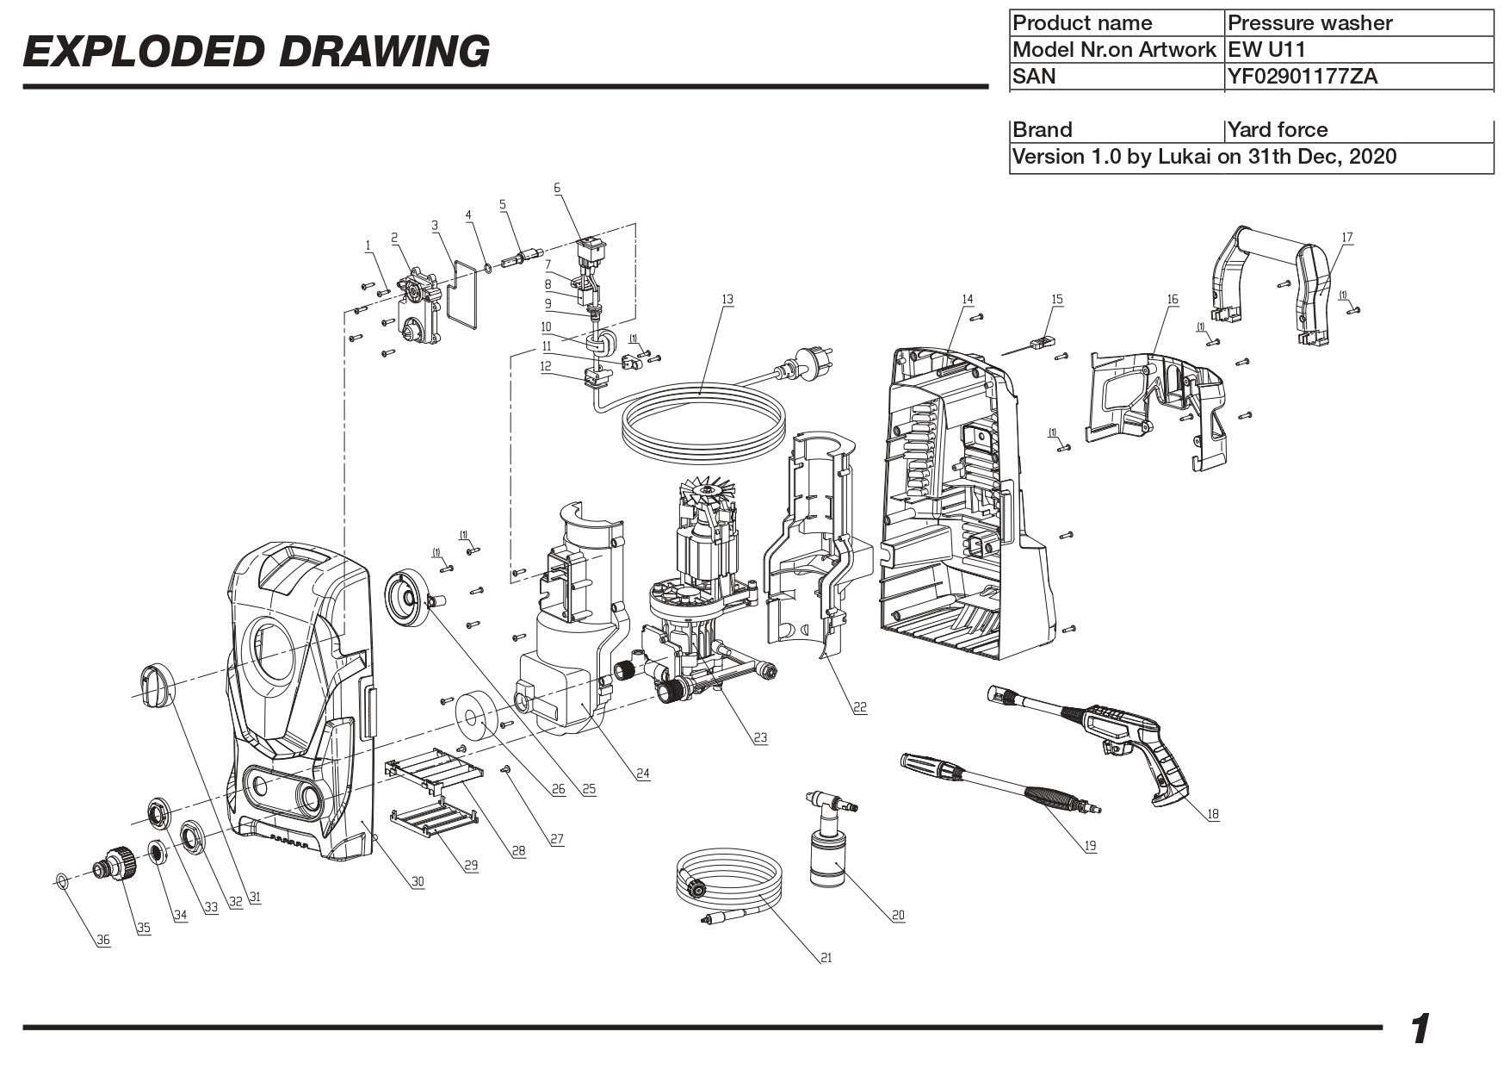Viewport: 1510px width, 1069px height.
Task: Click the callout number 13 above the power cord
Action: pos(727,300)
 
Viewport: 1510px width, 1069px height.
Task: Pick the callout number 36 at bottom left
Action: pos(103,941)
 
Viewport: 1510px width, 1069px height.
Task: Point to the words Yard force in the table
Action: pos(1277,130)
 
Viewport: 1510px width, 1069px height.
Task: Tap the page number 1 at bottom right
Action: pos(1420,1029)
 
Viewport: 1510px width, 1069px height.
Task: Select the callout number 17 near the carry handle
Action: pos(1347,237)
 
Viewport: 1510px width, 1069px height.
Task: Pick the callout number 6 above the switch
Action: pos(557,188)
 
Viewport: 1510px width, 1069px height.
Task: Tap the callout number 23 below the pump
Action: pos(759,738)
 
